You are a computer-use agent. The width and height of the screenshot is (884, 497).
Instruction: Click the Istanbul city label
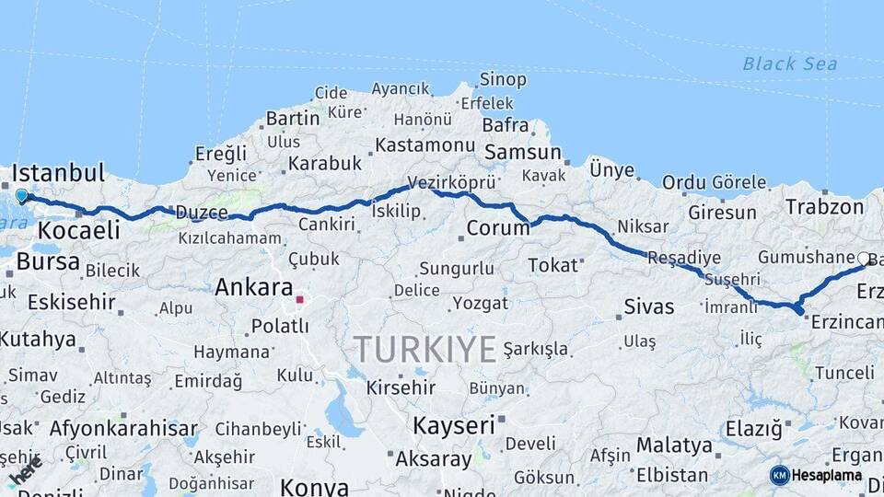57,173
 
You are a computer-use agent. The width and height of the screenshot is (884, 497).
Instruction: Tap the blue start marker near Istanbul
21,195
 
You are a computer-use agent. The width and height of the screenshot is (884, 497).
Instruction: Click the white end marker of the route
863,259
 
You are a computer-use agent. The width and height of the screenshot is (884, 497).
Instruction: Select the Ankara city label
253,287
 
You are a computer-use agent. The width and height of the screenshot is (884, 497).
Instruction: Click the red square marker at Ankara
299,299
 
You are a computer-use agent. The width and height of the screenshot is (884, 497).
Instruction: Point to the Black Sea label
790,64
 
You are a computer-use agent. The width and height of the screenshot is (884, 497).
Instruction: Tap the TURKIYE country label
425,350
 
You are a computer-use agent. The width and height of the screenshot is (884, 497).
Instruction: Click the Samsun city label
522,153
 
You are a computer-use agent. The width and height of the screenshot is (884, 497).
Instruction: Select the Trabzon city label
824,207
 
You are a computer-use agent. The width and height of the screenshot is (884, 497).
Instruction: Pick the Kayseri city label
453,425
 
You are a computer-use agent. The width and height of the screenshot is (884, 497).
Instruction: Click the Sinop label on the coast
503,80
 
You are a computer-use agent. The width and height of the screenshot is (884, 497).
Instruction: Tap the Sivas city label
648,306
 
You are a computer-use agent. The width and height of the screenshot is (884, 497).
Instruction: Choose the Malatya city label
674,445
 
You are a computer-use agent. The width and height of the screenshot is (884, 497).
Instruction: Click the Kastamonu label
425,145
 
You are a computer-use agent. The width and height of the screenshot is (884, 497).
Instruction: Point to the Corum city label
497,227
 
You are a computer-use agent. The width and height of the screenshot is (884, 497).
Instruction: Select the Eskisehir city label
71,302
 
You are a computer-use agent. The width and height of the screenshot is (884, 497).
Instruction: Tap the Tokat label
552,266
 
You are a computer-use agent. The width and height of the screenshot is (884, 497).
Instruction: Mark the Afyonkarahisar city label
123,428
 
